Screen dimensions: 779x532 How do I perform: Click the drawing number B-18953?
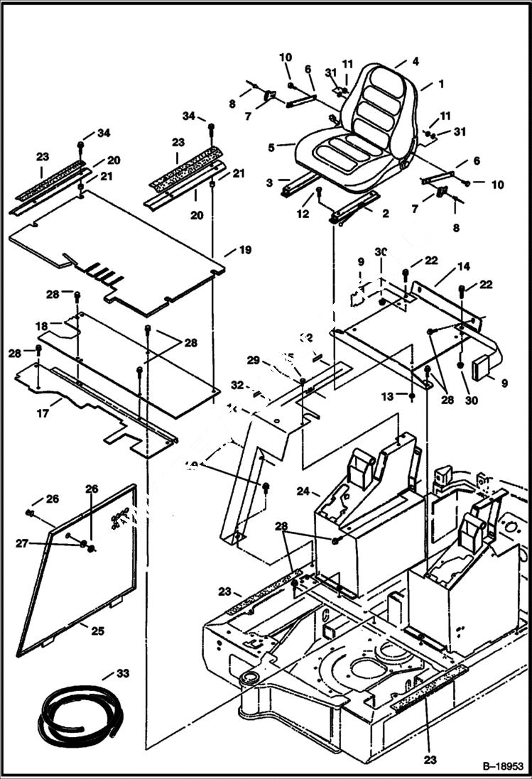(x=501, y=767)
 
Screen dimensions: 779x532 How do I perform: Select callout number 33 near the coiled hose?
(x=121, y=672)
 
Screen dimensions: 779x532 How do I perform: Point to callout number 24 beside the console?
(x=303, y=491)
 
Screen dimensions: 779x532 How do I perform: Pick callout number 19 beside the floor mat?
(x=245, y=250)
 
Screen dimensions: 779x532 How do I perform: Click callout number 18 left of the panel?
(x=42, y=325)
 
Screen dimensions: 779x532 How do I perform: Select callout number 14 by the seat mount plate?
(x=463, y=267)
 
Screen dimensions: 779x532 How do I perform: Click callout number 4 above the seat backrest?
(x=416, y=61)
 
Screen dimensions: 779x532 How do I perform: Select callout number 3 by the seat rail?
(x=269, y=183)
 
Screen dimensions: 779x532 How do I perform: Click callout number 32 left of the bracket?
(x=237, y=384)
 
